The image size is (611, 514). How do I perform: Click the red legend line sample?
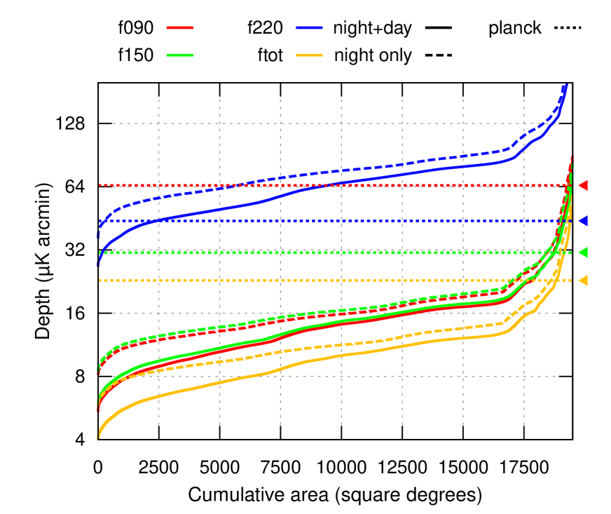click(180, 27)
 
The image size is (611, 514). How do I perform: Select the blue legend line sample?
click(309, 27)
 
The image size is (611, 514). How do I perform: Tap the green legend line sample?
click(180, 55)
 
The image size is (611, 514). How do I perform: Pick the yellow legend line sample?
click(309, 55)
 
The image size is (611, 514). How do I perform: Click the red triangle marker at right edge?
click(583, 185)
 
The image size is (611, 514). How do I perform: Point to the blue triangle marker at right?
click(583, 221)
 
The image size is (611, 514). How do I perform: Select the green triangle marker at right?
click(583, 252)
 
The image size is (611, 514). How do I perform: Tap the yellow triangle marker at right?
click(583, 280)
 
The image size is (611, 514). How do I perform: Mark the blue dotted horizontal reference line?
click(350, 221)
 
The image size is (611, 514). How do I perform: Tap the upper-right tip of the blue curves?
click(565, 86)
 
